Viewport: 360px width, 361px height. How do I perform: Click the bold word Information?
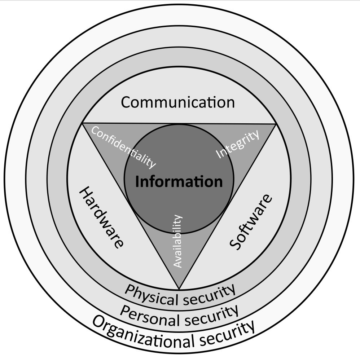179,182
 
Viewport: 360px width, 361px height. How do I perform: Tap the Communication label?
177,102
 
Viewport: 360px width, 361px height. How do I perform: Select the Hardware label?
101,217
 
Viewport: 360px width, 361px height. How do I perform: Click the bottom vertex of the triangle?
179,289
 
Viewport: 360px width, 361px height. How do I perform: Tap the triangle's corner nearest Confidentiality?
83,123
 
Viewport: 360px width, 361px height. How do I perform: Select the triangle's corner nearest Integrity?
276,124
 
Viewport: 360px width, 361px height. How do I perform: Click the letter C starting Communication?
126,102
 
